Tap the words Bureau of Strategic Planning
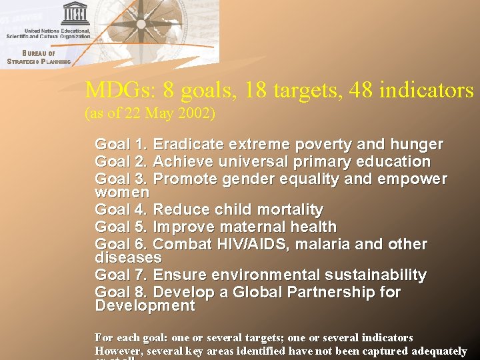pyautogui.click(x=38, y=57)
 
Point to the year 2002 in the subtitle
pyautogui.click(x=193, y=113)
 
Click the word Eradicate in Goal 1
pyautogui.click(x=189, y=144)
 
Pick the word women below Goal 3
pyautogui.click(x=122, y=192)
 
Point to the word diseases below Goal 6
pyautogui.click(x=128, y=257)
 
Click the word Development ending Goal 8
pyautogui.click(x=145, y=305)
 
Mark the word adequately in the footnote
pyautogui.click(x=440, y=351)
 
